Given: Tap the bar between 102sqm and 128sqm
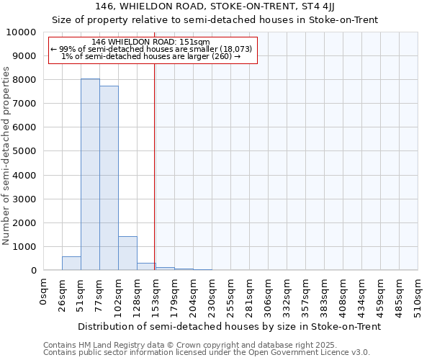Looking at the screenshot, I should point(127,253).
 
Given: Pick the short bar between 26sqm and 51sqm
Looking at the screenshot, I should point(71,264).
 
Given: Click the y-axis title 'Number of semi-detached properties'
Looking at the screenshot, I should point(6,155).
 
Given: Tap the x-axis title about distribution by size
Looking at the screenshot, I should point(229,326).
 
